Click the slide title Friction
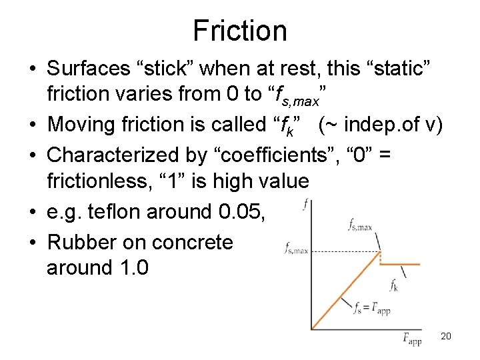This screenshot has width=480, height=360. (240, 31)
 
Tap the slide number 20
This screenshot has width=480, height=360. (446, 336)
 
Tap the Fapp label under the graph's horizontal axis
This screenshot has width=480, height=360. (411, 339)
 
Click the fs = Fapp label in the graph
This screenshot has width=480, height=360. (371, 309)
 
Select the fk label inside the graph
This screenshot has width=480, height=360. (394, 285)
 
